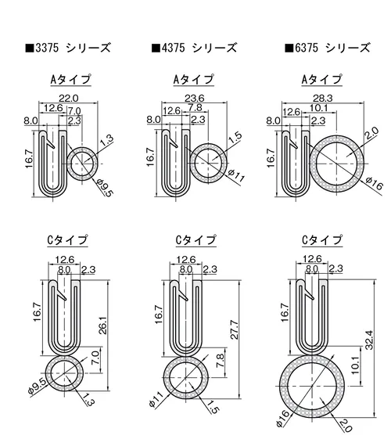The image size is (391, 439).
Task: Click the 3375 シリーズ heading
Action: click(68, 48)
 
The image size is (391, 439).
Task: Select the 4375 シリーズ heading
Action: click(194, 48)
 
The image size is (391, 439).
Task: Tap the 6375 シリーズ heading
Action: click(328, 48)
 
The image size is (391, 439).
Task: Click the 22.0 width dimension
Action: click(69, 99)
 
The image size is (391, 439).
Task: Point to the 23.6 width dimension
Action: click(195, 99)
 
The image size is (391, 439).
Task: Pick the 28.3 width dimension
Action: click(322, 99)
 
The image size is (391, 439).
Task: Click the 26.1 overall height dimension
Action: click(103, 326)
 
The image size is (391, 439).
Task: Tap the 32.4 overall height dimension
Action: click(369, 340)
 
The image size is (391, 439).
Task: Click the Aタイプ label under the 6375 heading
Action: click(321, 80)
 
